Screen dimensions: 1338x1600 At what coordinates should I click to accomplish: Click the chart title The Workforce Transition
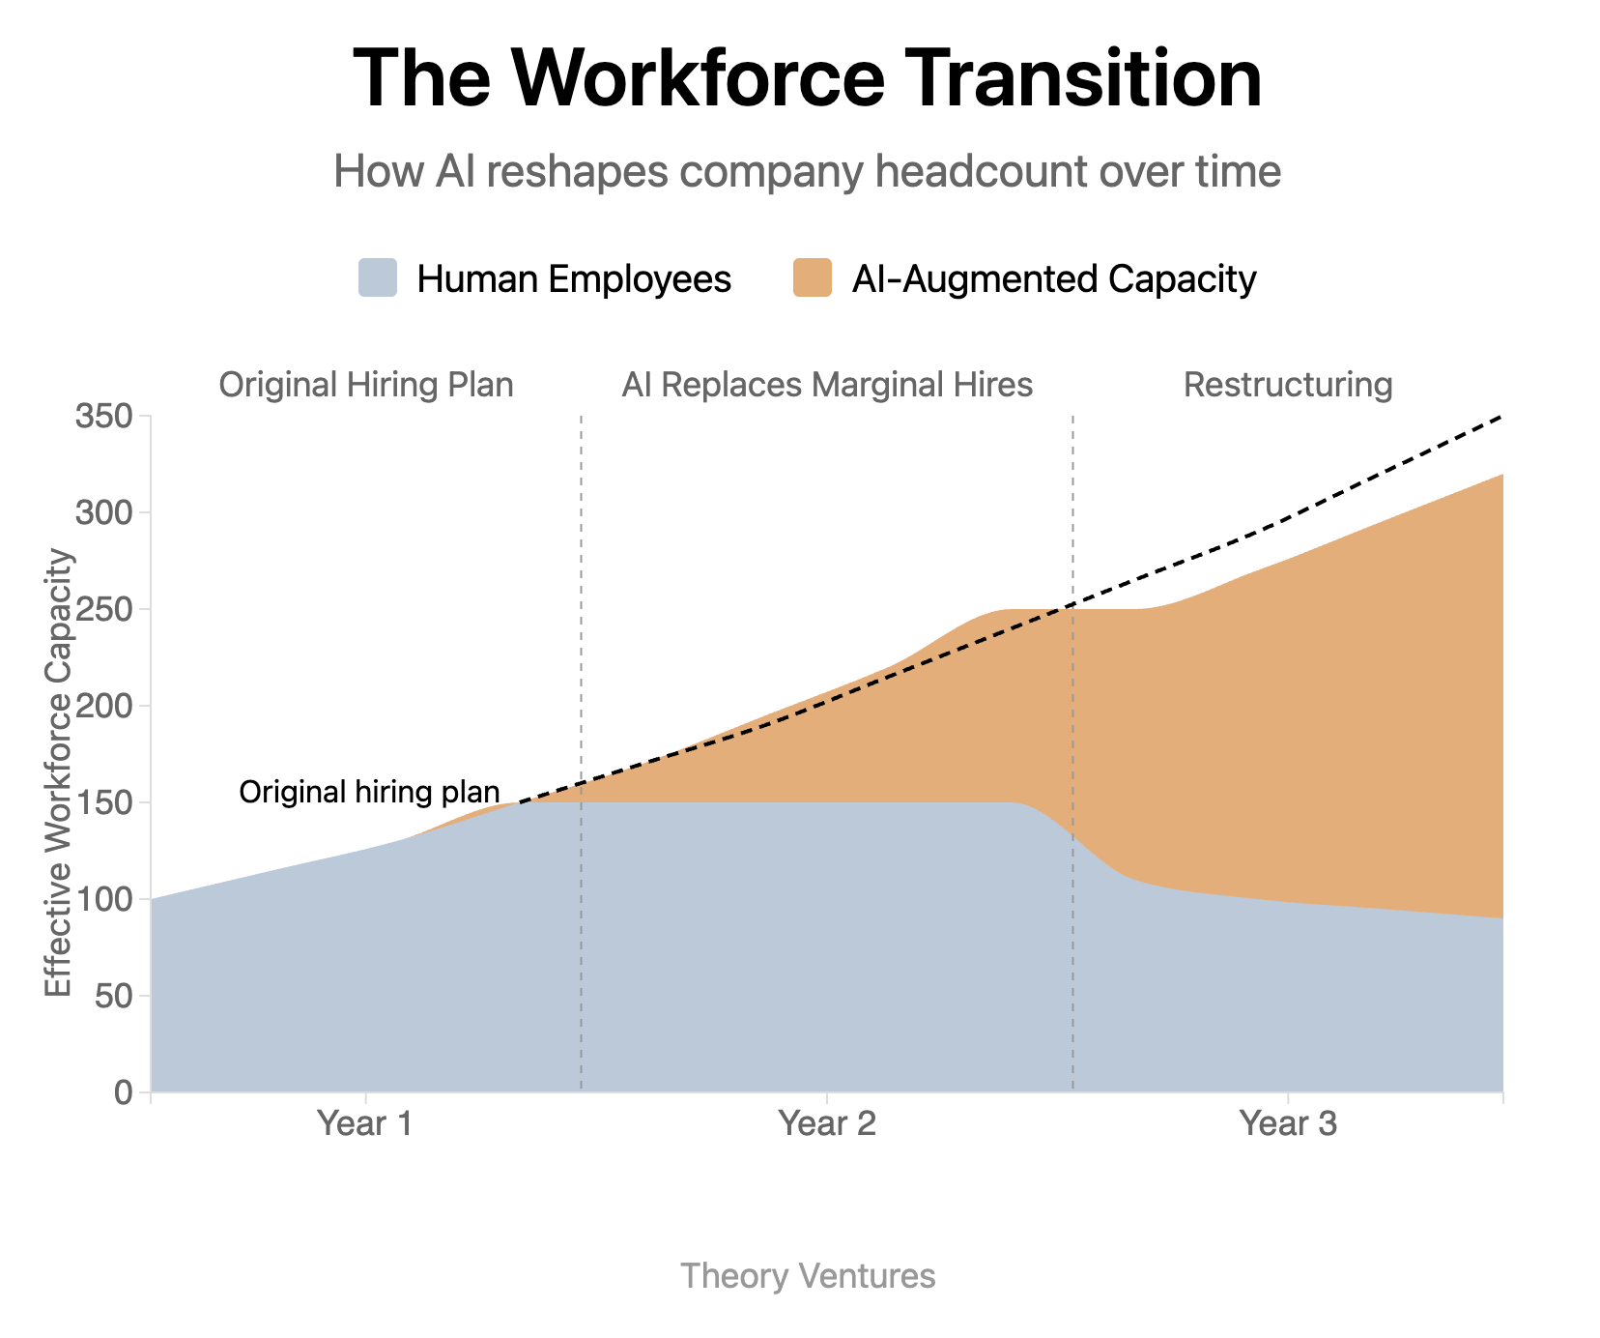point(807,79)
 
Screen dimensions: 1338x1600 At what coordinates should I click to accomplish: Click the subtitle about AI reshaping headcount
point(807,172)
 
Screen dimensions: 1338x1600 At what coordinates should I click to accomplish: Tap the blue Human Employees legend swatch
point(378,278)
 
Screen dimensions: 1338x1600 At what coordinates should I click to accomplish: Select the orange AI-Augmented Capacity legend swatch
point(812,278)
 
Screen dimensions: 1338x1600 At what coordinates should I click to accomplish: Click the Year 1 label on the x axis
point(365,1124)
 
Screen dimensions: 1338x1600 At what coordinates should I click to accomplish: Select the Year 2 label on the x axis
point(827,1124)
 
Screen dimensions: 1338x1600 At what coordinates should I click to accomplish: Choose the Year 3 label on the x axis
point(1288,1124)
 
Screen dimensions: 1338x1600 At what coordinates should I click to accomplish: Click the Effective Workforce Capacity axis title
point(59,772)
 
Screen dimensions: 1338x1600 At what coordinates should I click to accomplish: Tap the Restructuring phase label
point(1288,385)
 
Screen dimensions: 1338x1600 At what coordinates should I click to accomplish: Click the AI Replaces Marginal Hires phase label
point(827,385)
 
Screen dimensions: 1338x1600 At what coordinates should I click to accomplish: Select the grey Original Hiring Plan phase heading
point(365,385)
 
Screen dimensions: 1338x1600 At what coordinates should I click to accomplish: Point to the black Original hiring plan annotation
point(369,792)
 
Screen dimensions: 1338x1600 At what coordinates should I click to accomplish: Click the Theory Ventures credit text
point(808,1276)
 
